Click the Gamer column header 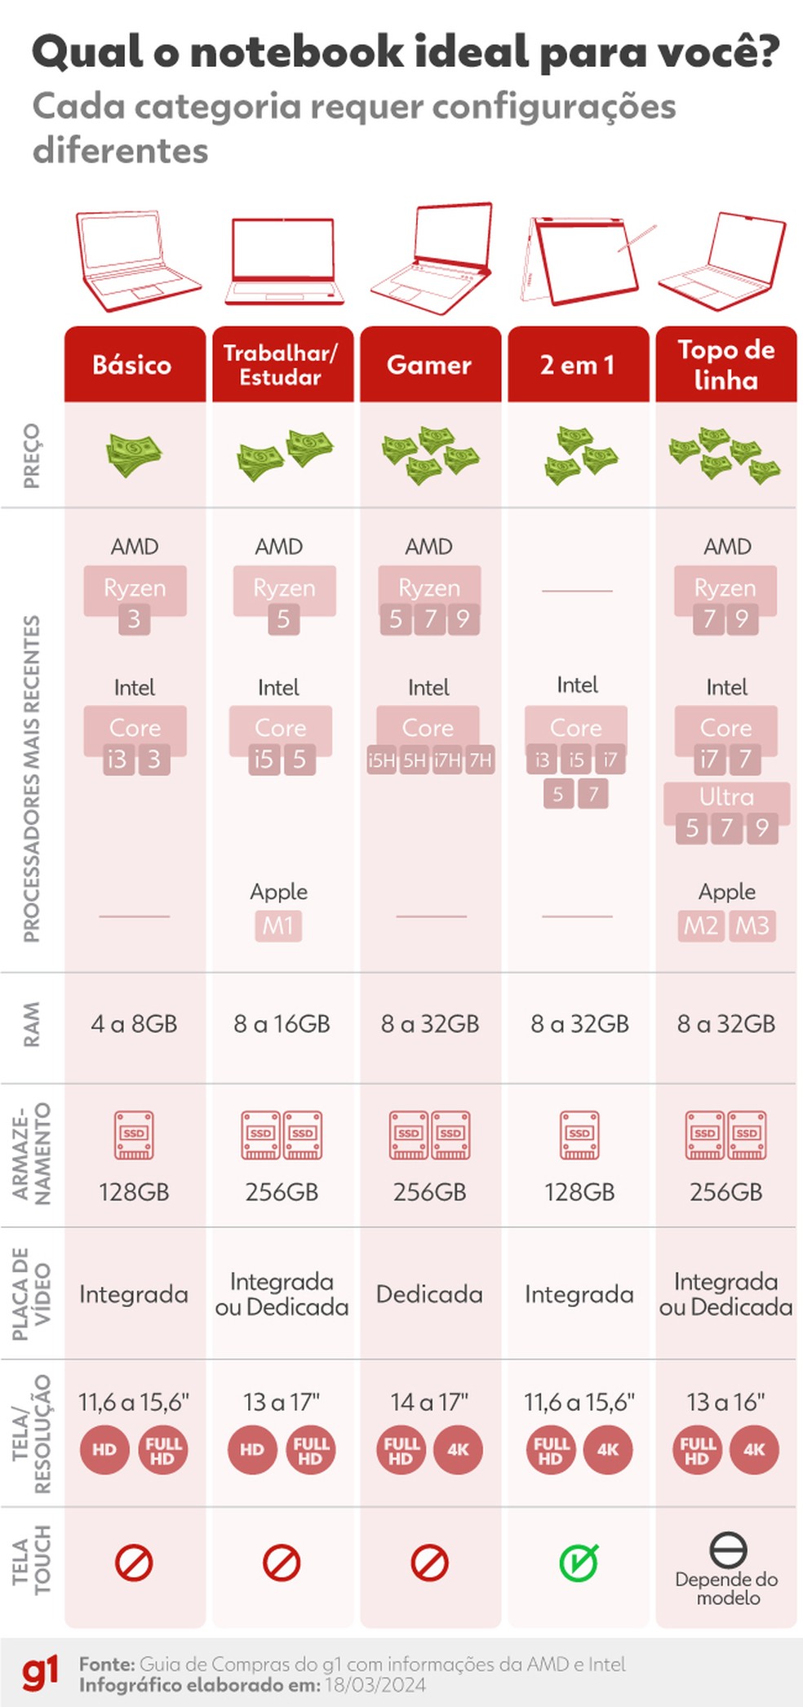pos(429,365)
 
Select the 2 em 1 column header pos(578,365)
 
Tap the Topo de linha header pos(725,365)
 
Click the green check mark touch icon pos(579,1562)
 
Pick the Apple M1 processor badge pos(278,925)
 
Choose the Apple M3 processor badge pos(752,925)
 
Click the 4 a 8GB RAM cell pos(135,1023)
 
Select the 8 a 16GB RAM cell pos(282,1023)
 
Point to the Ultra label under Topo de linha pos(726,796)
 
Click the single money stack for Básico pos(134,454)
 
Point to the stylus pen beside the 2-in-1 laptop pos(637,237)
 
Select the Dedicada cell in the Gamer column pos(429,1294)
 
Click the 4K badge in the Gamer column pos(458,1450)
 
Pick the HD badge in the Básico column pos(104,1450)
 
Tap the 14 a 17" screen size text pos(429,1402)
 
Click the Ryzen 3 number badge pos(134,619)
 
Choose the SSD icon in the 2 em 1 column pos(579,1134)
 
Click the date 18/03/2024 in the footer pos(375,1685)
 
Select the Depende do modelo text pos(726,1588)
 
